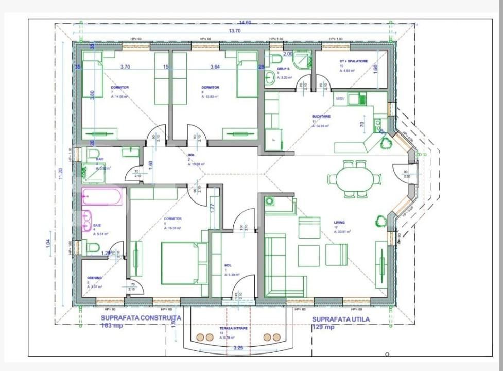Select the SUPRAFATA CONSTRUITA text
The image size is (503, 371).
(141, 318)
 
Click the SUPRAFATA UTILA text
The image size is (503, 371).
(341, 319)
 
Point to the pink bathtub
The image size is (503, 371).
(102, 197)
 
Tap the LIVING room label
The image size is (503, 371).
(339, 223)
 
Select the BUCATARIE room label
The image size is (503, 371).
(321, 117)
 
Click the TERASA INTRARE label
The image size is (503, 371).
(233, 328)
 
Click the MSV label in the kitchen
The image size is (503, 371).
(340, 98)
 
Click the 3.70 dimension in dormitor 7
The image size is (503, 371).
(125, 66)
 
